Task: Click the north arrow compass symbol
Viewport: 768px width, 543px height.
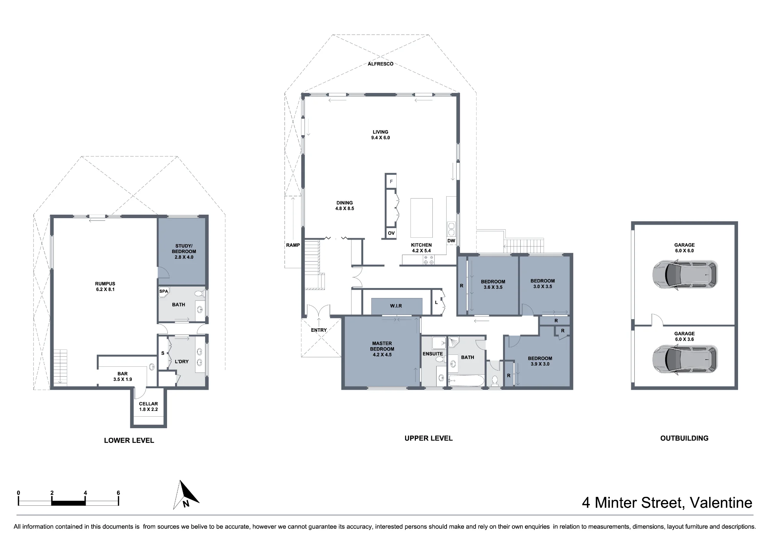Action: tap(186, 495)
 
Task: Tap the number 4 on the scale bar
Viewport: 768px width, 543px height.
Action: tap(85, 493)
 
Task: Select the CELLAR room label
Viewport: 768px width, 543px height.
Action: tap(148, 404)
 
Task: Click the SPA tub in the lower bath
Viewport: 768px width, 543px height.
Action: tap(164, 291)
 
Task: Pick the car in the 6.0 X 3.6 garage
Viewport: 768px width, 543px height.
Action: tap(685, 359)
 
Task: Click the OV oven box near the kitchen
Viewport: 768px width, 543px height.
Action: tap(391, 233)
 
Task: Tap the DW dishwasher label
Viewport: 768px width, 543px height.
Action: tap(451, 241)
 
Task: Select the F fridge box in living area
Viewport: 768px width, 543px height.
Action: tap(391, 181)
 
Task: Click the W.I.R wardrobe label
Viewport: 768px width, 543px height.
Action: tap(396, 306)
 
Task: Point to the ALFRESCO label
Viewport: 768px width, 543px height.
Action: tap(381, 64)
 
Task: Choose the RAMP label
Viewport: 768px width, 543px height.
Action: tap(293, 245)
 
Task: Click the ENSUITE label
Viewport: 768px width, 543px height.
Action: tap(433, 354)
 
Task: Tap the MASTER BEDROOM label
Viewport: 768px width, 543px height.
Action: tap(382, 346)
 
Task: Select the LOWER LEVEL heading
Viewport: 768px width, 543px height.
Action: tap(129, 440)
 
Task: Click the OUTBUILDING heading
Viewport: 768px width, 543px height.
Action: tap(684, 438)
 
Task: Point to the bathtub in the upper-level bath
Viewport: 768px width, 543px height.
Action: tap(466, 381)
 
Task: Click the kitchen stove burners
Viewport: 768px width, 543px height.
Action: tap(429, 260)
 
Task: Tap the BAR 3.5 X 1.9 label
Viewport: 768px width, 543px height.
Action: tap(122, 376)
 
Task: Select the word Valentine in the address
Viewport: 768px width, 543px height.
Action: tap(721, 503)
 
